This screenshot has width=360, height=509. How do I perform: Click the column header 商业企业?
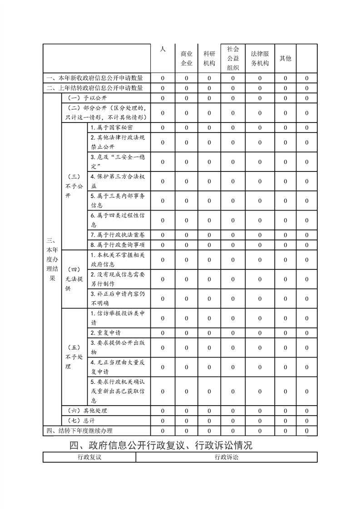click(187, 59)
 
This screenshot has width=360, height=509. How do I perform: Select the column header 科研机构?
click(209, 59)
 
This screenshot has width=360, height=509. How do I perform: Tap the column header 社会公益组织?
click(233, 59)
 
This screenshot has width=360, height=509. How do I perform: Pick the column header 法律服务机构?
click(260, 59)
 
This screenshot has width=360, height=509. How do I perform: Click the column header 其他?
click(285, 59)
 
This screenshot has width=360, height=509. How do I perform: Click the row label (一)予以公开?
click(87, 98)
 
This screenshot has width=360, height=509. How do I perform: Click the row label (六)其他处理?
click(87, 411)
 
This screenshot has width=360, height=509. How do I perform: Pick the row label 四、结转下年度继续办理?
click(79, 431)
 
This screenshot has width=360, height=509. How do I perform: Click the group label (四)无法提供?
click(74, 279)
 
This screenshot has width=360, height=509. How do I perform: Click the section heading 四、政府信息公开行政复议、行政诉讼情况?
click(161, 445)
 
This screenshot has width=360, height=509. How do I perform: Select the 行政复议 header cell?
click(89, 457)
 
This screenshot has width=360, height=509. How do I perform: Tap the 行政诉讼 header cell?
click(227, 457)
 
